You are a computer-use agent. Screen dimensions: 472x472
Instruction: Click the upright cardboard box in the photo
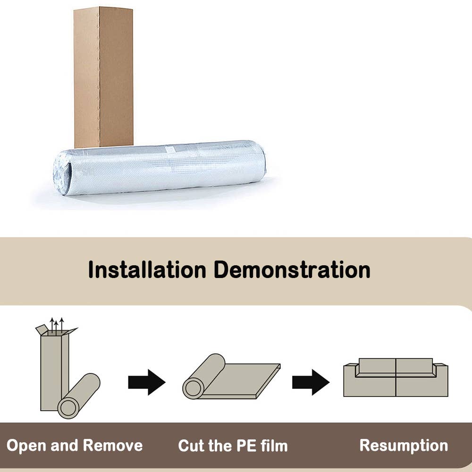(x=103, y=76)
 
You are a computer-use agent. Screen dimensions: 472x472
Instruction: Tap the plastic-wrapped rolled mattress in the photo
(x=165, y=168)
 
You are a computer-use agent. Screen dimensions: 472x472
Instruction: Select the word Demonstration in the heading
(x=293, y=270)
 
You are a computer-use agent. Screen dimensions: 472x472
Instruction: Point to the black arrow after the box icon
(x=146, y=382)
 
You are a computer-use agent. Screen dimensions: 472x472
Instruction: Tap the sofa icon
(x=396, y=378)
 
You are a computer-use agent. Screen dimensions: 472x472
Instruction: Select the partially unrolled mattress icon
(x=231, y=378)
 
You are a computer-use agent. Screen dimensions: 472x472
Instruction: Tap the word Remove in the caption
(x=113, y=446)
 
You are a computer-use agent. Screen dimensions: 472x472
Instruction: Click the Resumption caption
(x=404, y=445)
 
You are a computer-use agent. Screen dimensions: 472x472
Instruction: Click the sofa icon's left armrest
(x=350, y=380)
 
